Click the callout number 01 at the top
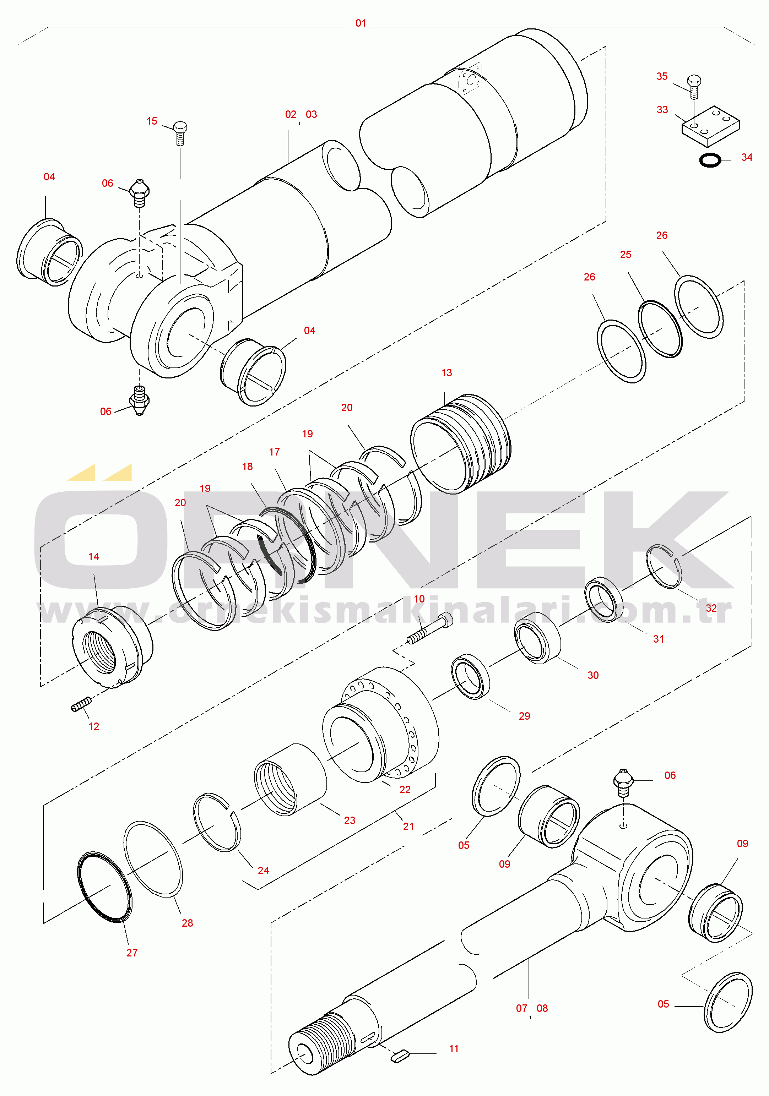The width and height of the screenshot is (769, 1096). coord(361,23)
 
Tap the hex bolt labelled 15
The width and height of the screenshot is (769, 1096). coord(180,133)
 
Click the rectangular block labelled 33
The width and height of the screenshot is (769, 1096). coord(710,126)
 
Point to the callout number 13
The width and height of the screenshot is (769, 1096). coord(446,373)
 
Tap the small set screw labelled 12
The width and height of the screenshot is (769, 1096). coord(81,704)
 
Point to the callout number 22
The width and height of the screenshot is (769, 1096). coord(405,790)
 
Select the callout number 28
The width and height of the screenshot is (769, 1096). coord(187,923)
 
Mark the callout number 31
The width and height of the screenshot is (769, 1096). coord(659,639)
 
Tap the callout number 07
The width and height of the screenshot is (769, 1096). coord(521,1009)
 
